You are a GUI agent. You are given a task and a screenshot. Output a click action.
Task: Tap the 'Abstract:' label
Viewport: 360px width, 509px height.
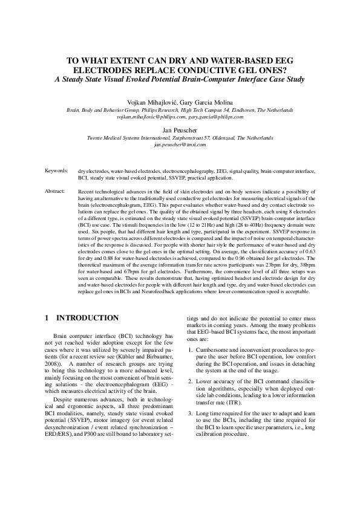click(55, 191)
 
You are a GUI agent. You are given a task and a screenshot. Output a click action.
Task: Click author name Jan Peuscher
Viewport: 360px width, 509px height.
click(180, 130)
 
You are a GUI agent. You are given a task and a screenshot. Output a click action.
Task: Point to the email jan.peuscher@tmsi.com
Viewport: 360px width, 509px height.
click(180, 145)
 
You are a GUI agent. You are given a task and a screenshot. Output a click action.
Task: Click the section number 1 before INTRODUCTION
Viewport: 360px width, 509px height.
click(48, 317)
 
